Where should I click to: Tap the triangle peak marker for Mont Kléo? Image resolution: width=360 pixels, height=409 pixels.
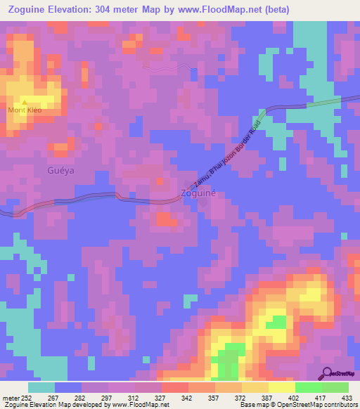coord(24,103)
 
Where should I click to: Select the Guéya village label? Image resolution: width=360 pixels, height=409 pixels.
coord(60,170)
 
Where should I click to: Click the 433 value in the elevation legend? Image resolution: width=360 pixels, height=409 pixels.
coord(347,397)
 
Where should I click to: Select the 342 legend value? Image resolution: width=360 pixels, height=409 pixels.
coord(187,397)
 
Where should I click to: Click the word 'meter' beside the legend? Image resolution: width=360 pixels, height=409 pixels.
coord(9,397)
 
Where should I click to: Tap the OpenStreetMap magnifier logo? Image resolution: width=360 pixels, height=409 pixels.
coord(328,373)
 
